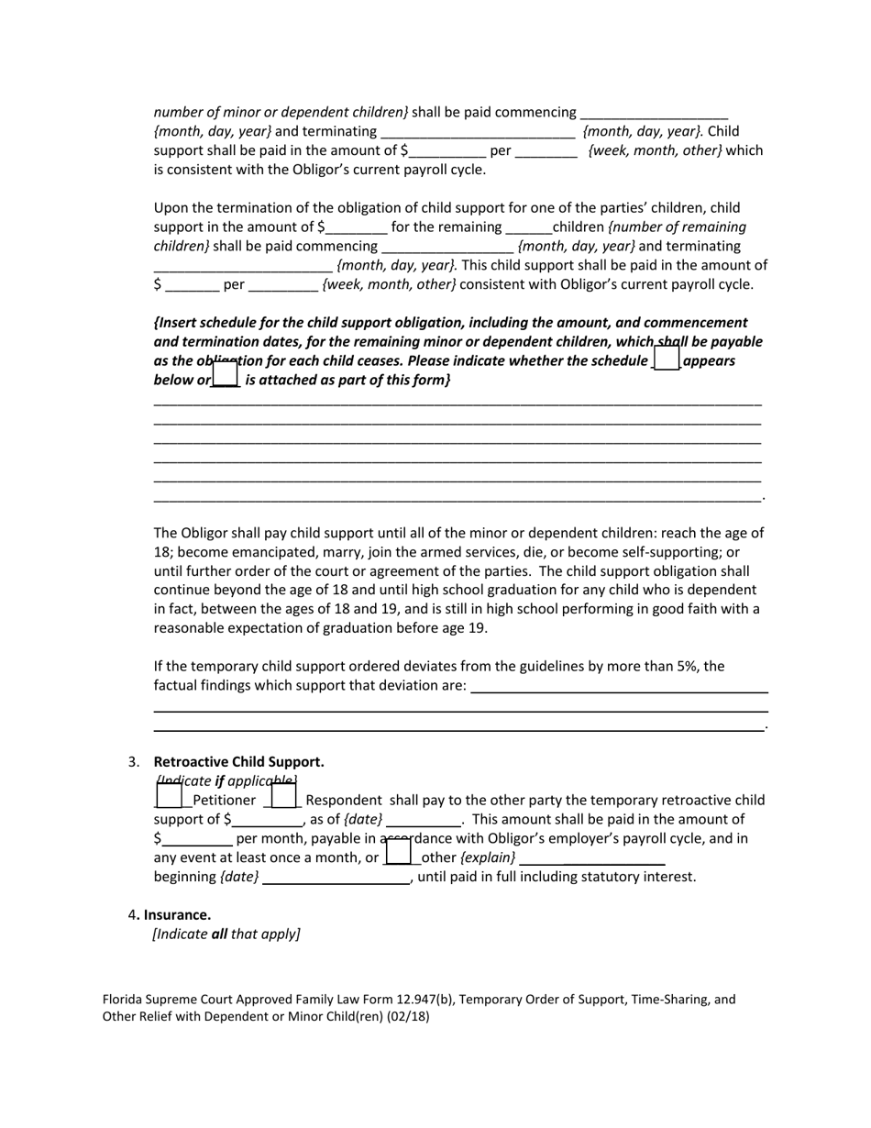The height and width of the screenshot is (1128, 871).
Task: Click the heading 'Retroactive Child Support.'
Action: pyautogui.click(x=238, y=762)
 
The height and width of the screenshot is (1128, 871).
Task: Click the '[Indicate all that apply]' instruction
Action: pyautogui.click(x=226, y=934)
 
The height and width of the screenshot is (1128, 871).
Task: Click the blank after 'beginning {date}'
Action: pyautogui.click(x=336, y=877)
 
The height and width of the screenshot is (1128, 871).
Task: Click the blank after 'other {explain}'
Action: pyautogui.click(x=592, y=857)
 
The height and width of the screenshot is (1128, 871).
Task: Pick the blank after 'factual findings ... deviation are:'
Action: pyautogui.click(x=619, y=686)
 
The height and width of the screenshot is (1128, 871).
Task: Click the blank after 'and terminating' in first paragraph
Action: pyautogui.click(x=477, y=131)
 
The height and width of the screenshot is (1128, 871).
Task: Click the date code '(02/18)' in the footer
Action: pyautogui.click(x=407, y=1017)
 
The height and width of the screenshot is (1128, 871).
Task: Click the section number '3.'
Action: pyautogui.click(x=134, y=762)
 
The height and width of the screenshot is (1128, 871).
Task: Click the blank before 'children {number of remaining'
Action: pyautogui.click(x=528, y=227)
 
